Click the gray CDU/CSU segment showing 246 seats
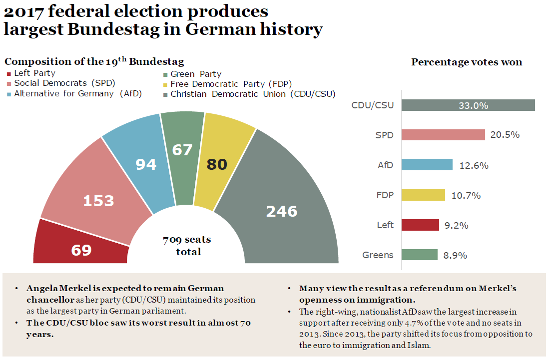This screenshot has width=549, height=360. [282, 211]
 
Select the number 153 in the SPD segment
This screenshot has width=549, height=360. [98, 201]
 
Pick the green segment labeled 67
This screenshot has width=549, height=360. [182, 150]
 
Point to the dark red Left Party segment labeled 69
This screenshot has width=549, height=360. [81, 250]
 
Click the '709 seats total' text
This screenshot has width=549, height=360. [187, 246]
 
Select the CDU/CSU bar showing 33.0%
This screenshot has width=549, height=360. [468, 105]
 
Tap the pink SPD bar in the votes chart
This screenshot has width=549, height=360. [443, 135]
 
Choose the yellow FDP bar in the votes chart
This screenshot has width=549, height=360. [423, 195]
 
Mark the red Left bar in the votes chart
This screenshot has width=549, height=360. [420, 225]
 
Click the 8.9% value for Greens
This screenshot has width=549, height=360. [455, 255]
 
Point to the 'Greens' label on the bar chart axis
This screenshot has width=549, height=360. [378, 255]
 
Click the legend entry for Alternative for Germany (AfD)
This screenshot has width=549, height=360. [77, 94]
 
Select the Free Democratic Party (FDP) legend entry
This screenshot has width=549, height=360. [231, 84]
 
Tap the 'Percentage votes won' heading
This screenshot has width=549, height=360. [467, 62]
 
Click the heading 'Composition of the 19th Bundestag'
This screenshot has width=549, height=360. [94, 62]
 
